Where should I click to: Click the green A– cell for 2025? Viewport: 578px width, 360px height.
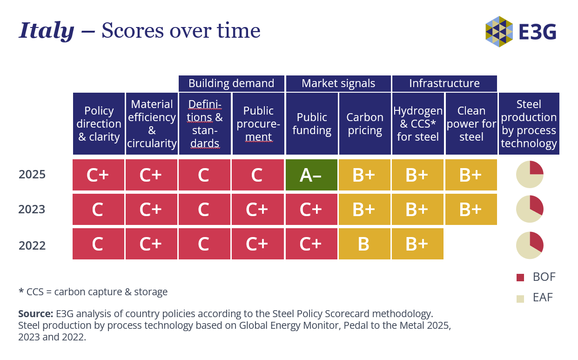click(x=311, y=175)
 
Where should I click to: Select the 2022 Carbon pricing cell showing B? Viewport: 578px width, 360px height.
click(x=364, y=244)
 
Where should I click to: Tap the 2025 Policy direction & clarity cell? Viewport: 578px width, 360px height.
click(x=98, y=175)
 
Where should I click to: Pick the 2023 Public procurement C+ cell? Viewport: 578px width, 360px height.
click(x=257, y=209)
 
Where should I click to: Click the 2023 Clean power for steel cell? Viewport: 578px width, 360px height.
click(x=471, y=209)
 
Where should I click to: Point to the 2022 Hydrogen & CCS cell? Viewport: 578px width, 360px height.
click(x=417, y=244)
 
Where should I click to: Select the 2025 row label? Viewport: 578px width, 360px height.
click(x=32, y=174)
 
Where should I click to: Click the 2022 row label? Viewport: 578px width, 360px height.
click(x=32, y=245)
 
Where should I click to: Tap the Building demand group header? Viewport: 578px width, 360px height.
click(x=231, y=83)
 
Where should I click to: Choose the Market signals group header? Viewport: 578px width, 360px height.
click(x=338, y=83)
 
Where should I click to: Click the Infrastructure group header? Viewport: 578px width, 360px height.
click(x=444, y=83)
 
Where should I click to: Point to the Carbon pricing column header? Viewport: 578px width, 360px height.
click(x=365, y=124)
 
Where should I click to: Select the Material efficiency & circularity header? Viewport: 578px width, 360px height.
click(x=152, y=124)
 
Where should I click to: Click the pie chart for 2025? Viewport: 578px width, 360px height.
click(x=530, y=174)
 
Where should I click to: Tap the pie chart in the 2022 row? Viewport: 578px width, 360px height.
click(x=530, y=245)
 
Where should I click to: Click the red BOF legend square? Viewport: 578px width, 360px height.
click(x=520, y=278)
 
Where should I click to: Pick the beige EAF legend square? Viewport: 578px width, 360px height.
click(x=520, y=299)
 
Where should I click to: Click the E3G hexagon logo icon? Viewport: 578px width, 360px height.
click(x=499, y=32)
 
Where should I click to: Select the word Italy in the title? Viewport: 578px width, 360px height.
click(x=47, y=31)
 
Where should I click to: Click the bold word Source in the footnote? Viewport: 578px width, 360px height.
click(x=36, y=314)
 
